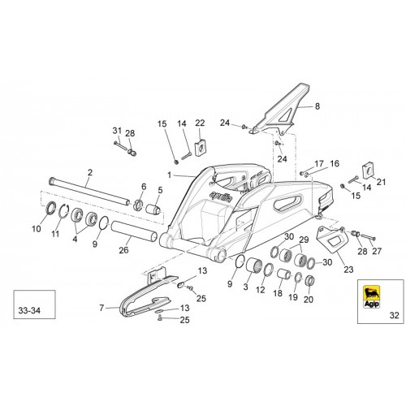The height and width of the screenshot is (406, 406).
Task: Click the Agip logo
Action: [x=372, y=296]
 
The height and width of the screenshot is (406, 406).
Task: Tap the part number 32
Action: [x=394, y=315]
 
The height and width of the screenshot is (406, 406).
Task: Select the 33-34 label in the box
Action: [x=29, y=310]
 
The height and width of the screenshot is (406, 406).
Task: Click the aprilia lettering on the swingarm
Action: [x=221, y=197]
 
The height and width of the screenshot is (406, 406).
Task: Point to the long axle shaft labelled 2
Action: [x=89, y=192]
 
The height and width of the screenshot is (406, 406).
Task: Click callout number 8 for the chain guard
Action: [x=317, y=106]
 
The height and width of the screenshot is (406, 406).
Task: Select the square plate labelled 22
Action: [x=201, y=147]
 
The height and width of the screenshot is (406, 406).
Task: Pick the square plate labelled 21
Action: [x=368, y=170]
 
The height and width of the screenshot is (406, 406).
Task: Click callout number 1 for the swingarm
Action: [x=170, y=175]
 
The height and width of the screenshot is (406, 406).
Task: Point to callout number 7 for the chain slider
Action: [x=101, y=308]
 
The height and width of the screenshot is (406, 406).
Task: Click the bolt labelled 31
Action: [x=120, y=145]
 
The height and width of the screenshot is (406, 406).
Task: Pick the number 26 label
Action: [x=123, y=250]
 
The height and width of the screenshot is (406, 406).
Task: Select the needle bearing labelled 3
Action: [x=254, y=266]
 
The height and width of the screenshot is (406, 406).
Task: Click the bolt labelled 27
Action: [x=369, y=236]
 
